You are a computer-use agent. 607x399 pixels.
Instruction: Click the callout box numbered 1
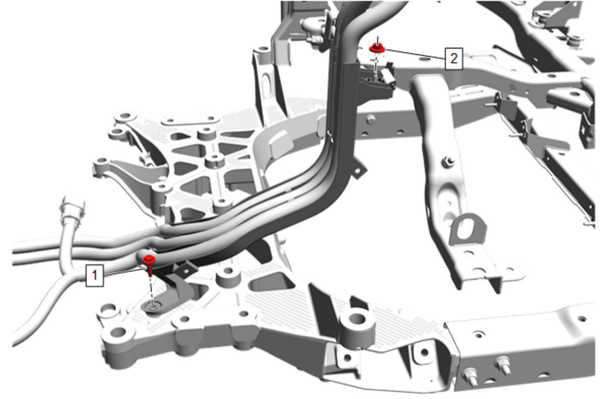[95, 275]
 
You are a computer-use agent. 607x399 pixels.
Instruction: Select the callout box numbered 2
[454, 59]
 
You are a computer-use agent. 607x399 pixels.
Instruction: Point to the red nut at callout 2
[377, 48]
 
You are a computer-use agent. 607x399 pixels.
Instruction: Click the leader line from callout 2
[415, 54]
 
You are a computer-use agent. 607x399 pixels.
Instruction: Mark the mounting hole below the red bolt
[153, 307]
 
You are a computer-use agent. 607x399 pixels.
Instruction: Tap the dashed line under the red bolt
[152, 292]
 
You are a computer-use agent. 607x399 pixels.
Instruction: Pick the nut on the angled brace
[448, 162]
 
